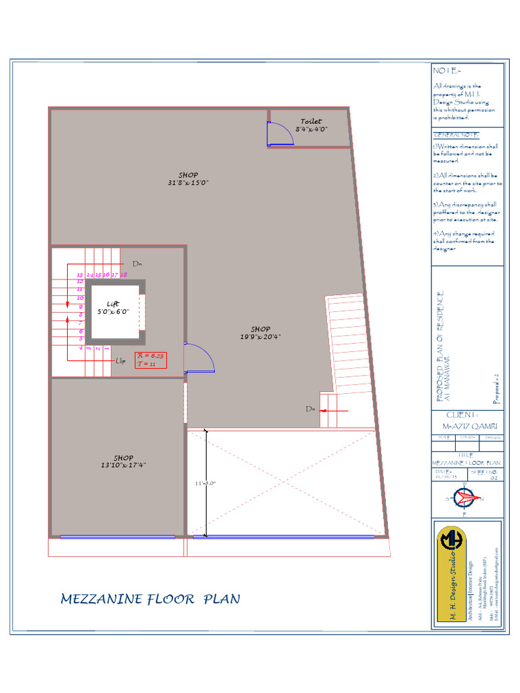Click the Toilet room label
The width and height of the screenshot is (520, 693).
(x=311, y=125)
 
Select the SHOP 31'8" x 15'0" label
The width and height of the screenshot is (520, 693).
(x=188, y=179)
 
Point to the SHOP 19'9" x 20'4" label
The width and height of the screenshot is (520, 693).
(x=260, y=333)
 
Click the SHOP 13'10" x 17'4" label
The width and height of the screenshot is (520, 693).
(x=123, y=461)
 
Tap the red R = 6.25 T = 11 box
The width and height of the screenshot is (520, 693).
(x=151, y=359)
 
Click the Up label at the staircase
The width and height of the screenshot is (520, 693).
(x=121, y=361)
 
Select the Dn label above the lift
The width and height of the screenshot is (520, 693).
(x=136, y=263)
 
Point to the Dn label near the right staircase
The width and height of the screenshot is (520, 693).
(x=310, y=409)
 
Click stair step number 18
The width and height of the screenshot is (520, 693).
(x=124, y=275)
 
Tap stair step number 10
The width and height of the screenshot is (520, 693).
(x=80, y=298)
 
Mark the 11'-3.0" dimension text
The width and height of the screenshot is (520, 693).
(x=204, y=483)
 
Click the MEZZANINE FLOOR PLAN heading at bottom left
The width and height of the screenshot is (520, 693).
(x=150, y=599)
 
